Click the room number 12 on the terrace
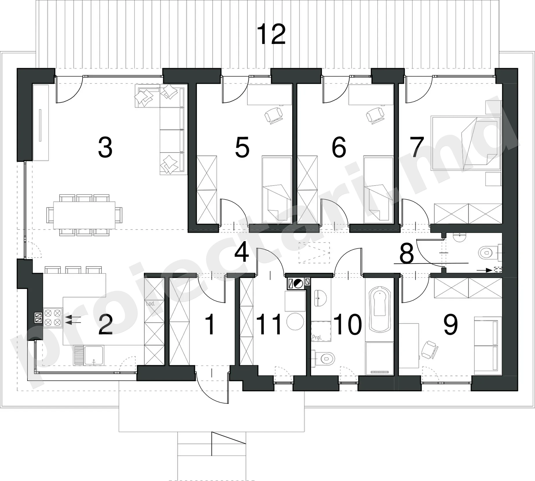[x=271, y=34]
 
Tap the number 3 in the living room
[x=105, y=148]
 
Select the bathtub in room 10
[x=380, y=309]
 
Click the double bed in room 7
[x=466, y=143]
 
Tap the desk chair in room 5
[x=274, y=115]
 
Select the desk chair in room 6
[x=375, y=115]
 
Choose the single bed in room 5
[x=276, y=190]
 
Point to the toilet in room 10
[x=324, y=359]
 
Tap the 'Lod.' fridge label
[x=151, y=303]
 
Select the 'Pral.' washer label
[x=317, y=337]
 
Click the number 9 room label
[x=450, y=325]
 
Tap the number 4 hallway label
[x=241, y=253]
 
